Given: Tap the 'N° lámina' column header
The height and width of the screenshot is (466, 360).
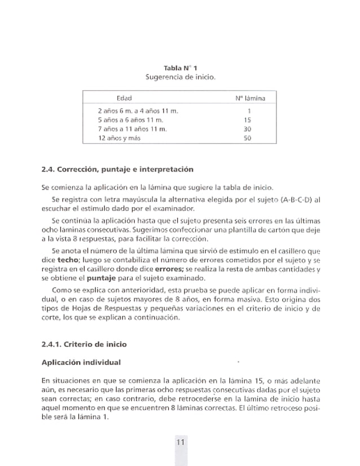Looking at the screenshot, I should (250, 98).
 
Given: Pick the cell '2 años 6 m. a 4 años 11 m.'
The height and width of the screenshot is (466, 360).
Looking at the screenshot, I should (138, 111).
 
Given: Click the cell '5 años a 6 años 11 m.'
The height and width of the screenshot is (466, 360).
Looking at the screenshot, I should (131, 120).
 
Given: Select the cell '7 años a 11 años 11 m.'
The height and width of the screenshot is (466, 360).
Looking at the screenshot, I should (133, 129).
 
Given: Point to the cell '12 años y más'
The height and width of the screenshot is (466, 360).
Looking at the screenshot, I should (119, 138).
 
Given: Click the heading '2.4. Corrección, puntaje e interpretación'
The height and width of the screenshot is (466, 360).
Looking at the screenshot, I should (118, 169).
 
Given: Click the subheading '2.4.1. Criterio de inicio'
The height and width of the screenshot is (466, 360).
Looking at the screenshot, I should (84, 344).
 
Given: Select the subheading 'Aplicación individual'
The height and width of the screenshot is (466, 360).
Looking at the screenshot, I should (81, 362).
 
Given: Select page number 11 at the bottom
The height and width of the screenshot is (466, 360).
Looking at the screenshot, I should (180, 442).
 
